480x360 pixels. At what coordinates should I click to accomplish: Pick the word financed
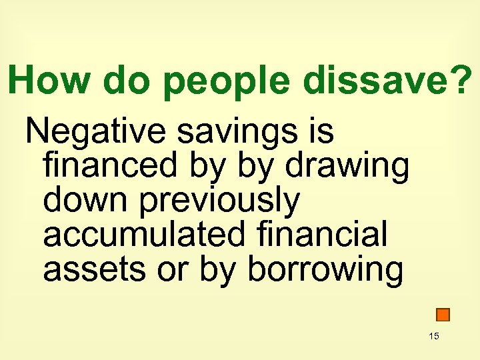click(111, 166)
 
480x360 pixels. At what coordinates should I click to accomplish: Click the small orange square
click(443, 314)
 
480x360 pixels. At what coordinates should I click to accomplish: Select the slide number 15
click(434, 336)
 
